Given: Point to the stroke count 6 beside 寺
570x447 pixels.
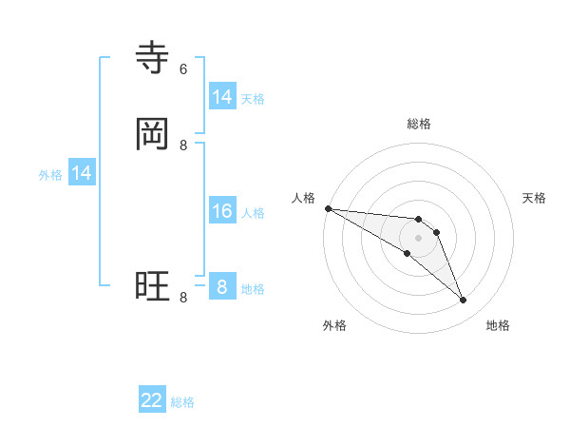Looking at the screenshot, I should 183,68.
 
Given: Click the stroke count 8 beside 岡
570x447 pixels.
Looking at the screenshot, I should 183,145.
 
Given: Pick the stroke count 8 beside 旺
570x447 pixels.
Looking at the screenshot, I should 183,298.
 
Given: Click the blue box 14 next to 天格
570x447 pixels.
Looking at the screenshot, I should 222,96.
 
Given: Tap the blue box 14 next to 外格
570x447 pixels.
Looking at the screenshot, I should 82,173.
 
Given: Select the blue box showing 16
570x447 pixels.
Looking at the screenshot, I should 222,211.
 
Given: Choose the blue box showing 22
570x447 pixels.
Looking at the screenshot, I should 152,400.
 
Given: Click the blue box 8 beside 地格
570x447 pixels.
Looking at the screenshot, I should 222,287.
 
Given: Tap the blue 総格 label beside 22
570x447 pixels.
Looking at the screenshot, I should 182,402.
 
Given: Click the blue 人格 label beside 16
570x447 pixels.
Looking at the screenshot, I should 253,213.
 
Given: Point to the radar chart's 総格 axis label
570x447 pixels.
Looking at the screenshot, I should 418,124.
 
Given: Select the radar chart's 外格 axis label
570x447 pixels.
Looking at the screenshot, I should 334,325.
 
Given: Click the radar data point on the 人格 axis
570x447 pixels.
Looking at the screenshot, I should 328,208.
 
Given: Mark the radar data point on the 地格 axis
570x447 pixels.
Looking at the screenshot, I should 464,301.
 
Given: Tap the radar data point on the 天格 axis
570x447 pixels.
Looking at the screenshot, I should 437,232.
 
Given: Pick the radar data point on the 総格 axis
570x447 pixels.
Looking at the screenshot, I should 418,220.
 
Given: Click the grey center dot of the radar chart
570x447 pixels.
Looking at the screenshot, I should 418,238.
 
